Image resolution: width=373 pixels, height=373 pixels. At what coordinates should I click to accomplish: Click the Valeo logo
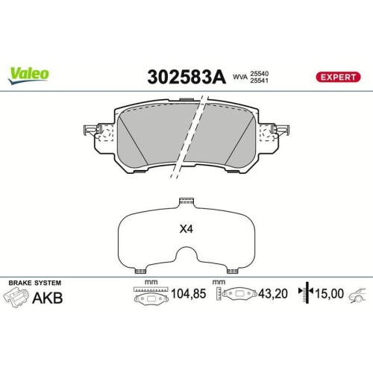click(29, 74)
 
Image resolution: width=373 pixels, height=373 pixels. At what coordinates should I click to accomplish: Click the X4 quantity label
click(185, 230)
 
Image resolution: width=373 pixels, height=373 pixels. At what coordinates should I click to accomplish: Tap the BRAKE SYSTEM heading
click(34, 283)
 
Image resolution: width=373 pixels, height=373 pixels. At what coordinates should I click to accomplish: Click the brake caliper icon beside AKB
click(17, 298)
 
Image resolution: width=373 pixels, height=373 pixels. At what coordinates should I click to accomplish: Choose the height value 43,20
click(272, 295)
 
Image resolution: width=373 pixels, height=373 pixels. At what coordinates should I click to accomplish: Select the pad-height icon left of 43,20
click(237, 295)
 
